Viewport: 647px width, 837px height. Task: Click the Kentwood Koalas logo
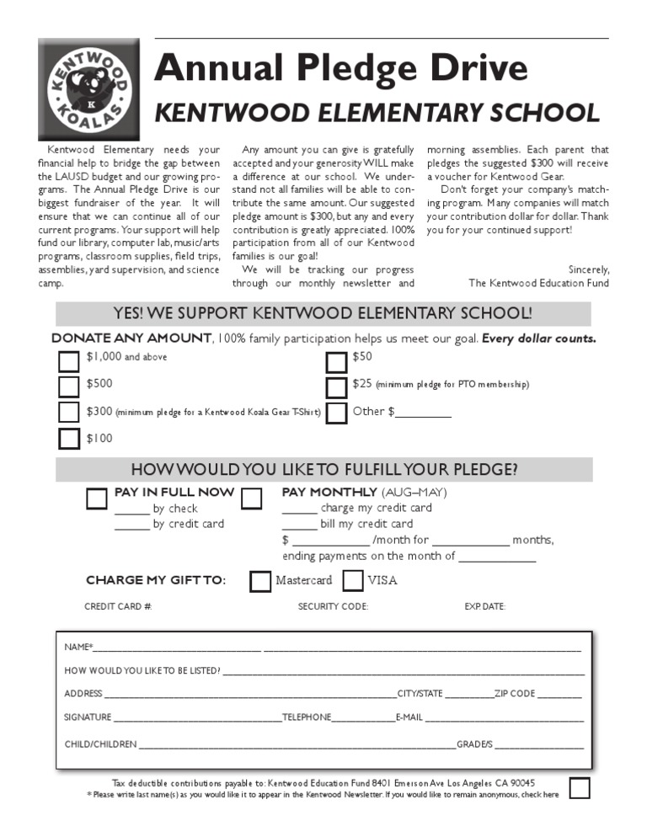[89, 88]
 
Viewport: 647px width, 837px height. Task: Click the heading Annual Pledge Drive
[340, 67]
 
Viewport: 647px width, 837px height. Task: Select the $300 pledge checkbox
[69, 413]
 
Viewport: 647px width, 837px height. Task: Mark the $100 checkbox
[69, 439]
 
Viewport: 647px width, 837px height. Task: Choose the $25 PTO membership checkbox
[336, 387]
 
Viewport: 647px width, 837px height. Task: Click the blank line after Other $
[423, 413]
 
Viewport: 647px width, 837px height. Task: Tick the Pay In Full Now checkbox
[97, 498]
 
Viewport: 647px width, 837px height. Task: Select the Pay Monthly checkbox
[251, 498]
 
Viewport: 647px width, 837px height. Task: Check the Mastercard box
[260, 581]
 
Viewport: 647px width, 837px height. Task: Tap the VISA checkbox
[354, 581]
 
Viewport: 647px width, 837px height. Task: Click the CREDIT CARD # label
[118, 606]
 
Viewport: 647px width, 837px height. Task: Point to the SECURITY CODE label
[333, 606]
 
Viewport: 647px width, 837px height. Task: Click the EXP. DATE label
[484, 606]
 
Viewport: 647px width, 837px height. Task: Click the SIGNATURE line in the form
[197, 717]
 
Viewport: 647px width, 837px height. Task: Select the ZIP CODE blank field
[559, 694]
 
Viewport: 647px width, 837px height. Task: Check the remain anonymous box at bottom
[580, 788]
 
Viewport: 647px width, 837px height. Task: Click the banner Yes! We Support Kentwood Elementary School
[323, 314]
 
